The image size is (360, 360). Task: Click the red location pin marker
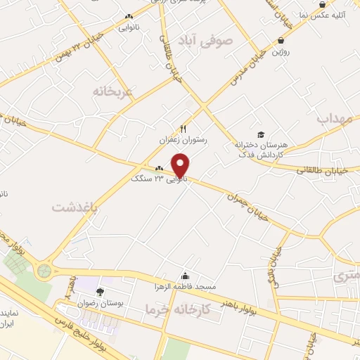[x=181, y=165]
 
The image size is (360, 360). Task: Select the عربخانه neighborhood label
[x=113, y=91]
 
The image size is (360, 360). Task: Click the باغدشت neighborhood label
[x=72, y=207]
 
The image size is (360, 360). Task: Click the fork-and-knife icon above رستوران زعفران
[x=183, y=129]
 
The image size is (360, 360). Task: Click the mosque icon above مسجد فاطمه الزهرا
[x=185, y=276]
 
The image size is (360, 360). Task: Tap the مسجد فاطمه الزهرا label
[x=185, y=287]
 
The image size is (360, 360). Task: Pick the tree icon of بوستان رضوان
[x=100, y=291]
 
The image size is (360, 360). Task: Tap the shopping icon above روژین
[x=281, y=41]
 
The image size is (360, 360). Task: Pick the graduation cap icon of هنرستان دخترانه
[x=260, y=134]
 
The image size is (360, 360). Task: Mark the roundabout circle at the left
[x=45, y=270]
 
